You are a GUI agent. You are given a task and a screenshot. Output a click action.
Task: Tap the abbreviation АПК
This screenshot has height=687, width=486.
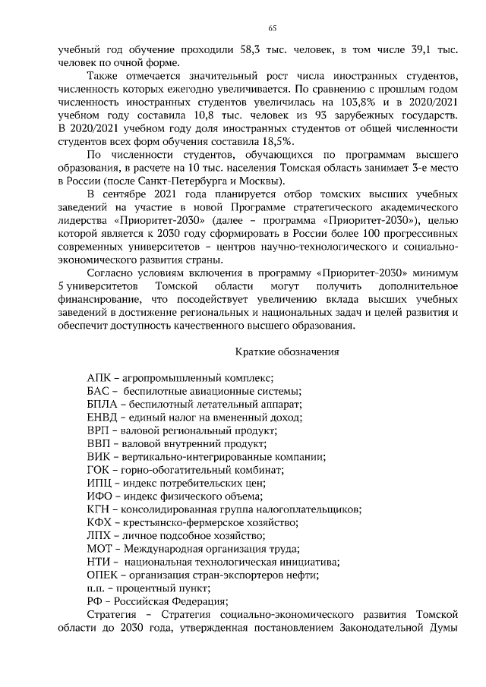101,377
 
